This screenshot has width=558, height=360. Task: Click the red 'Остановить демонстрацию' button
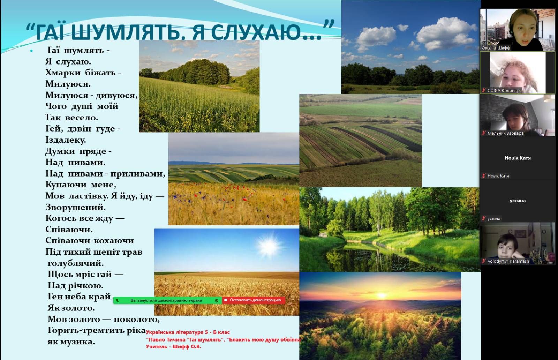pyautogui.click(x=254, y=300)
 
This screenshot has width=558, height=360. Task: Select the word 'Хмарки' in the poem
pyautogui.click(x=63, y=73)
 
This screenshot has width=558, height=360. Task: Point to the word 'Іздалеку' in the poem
pyautogui.click(x=66, y=140)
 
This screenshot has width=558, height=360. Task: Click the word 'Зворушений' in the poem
pyautogui.click(x=75, y=207)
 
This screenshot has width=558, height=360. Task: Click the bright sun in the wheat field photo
pyautogui.click(x=269, y=246)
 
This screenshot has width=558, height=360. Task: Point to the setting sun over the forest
pyautogui.click(x=382, y=296)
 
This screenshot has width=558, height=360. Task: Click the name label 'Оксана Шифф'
pyautogui.click(x=496, y=48)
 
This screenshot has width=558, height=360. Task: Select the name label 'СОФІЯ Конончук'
pyautogui.click(x=504, y=90)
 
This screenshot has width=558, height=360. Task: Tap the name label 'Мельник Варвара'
pyautogui.click(x=505, y=133)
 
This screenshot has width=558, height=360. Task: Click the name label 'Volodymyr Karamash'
pyautogui.click(x=508, y=261)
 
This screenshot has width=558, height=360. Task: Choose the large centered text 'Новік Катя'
pyautogui.click(x=518, y=158)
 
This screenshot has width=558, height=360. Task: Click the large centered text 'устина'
pyautogui.click(x=518, y=201)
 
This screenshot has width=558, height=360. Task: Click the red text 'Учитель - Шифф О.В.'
pyautogui.click(x=173, y=346)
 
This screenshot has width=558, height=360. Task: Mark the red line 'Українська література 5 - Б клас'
pyautogui.click(x=188, y=332)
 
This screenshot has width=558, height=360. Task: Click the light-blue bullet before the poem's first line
pyautogui.click(x=31, y=51)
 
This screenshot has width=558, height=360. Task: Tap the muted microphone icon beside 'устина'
pyautogui.click(x=484, y=218)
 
